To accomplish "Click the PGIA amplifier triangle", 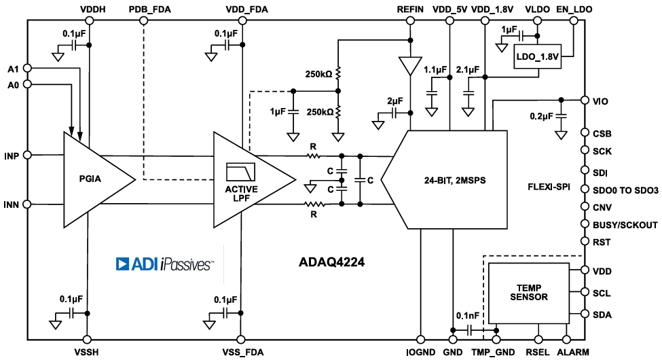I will click(x=95, y=180).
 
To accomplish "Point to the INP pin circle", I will click(x=27, y=156).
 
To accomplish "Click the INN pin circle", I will click(x=27, y=204).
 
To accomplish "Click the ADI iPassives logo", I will click(x=165, y=264).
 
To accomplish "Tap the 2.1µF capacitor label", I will click(x=468, y=69).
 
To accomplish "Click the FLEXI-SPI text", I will click(x=551, y=185).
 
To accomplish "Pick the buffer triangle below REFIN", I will click(x=410, y=65).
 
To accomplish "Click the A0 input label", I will click(x=12, y=84).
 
